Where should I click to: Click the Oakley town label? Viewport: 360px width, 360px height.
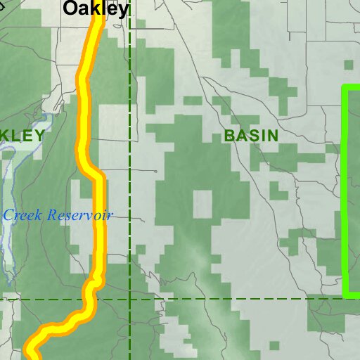pos(96,8)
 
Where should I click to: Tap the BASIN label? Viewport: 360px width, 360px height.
pos(251,136)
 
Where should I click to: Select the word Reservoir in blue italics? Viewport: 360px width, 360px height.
pos(80,215)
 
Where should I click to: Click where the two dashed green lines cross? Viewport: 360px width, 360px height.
pos(130,299)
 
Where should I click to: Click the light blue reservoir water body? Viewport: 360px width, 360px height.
pos(6,232)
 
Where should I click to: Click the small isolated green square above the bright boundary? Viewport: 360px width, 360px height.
pos(347,64)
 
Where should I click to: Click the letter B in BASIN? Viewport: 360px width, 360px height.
pos(229,136)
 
